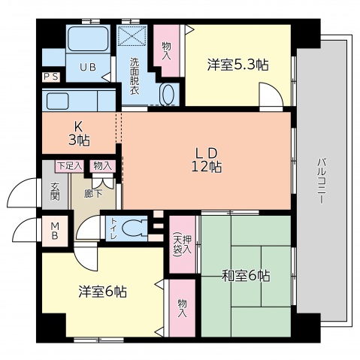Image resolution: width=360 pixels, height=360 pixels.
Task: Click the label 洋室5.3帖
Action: click(237, 65)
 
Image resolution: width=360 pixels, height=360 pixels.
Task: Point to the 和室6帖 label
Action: click(247, 276)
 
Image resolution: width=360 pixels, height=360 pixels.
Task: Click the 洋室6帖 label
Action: click(103, 290)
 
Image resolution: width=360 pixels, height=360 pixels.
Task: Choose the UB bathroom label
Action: click(88, 67)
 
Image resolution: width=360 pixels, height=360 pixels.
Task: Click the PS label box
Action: click(52, 77)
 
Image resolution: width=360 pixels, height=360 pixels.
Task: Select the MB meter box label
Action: click(55, 231)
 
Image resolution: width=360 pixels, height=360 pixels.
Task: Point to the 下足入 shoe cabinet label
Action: click(69, 166)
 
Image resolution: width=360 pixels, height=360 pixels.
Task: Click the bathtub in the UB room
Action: click(89, 39)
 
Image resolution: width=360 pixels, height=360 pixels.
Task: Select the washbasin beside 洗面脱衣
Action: click(168, 94)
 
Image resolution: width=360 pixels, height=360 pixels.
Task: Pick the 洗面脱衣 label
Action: click(134, 75)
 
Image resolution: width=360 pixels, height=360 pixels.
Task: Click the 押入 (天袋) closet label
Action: click(179, 236)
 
